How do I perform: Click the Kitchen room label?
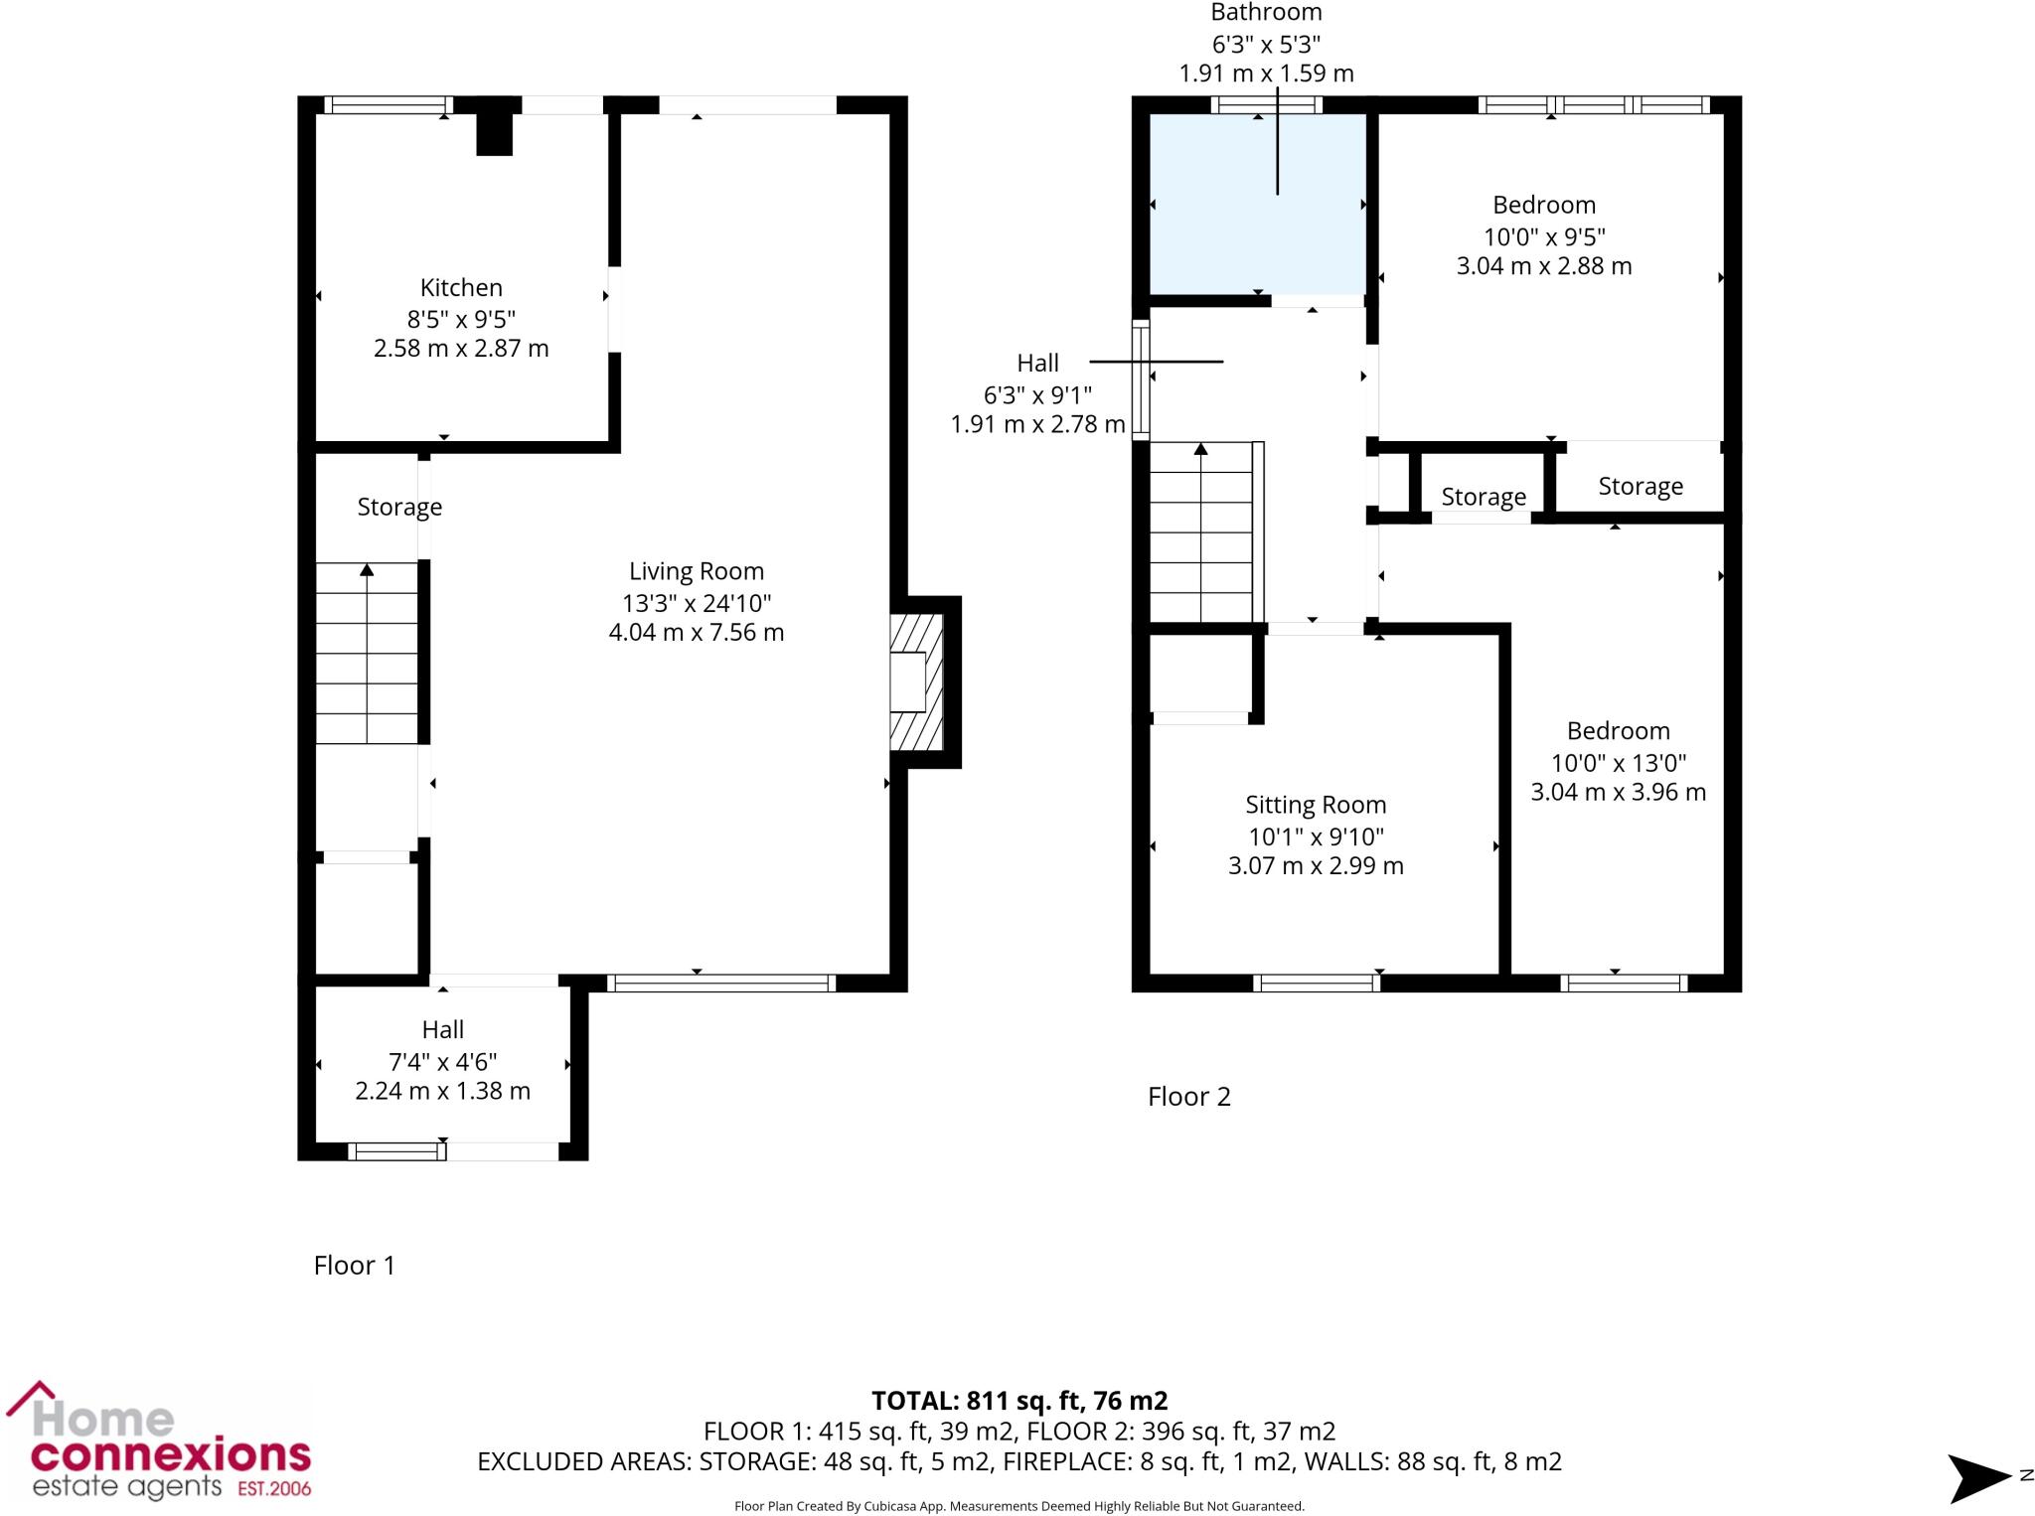coord(461,288)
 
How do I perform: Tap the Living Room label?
coord(696,571)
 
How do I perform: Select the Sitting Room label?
coord(1315,805)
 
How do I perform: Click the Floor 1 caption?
coord(354,1265)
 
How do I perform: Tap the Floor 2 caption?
coord(1188,1097)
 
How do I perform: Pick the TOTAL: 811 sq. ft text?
coord(1018,1401)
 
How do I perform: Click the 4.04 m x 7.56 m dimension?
coord(696,633)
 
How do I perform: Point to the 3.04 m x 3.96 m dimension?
coord(1618,793)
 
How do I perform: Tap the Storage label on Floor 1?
coord(399,507)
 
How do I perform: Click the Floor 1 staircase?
coord(367,653)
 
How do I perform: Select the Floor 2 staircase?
coord(1201,531)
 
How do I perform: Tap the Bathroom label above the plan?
coord(1266,13)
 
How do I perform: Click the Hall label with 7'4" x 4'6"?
coord(442,1030)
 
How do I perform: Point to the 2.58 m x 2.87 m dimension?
coord(461,349)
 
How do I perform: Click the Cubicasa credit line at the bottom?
coord(1018,1506)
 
